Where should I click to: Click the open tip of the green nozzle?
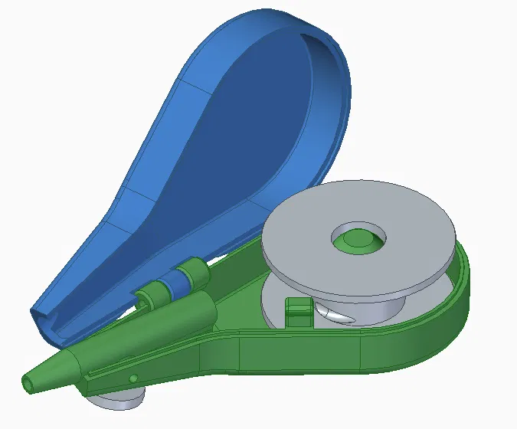pos(29,381)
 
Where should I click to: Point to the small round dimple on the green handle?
pos(133,378)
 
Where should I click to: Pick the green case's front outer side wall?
pos(306,352)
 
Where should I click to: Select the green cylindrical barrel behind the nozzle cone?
pos(184,314)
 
